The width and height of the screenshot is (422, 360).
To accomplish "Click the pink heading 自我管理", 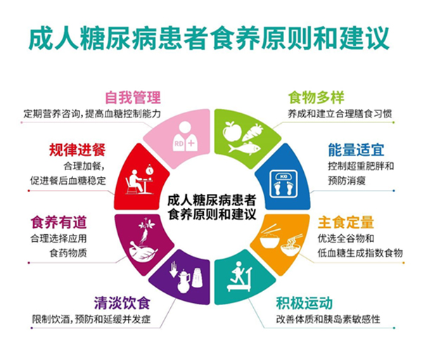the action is pos(133,98).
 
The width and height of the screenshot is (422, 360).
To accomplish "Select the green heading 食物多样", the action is pos(316,98).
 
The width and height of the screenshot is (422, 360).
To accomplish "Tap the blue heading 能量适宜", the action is pos(356,150).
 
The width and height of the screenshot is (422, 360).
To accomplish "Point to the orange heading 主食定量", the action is pos(346,222).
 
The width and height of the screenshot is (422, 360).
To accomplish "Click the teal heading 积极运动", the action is pos(304,303).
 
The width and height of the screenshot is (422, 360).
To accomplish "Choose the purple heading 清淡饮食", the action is pos(122,303).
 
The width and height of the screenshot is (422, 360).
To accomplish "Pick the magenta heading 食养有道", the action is pos(58,222).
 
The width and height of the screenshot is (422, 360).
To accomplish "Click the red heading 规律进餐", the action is pos(77,150).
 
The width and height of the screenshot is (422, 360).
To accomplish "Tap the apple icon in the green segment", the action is pos(232,131).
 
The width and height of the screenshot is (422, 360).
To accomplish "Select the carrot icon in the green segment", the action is pos(252,133).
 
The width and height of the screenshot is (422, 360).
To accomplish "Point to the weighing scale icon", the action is pos(283,184).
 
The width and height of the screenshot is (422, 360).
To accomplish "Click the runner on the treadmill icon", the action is pos(240,276).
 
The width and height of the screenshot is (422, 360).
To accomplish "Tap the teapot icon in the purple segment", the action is pos(184,281).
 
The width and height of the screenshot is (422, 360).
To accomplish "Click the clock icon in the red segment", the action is pos(149,170).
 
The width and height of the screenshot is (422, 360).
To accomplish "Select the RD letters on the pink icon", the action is pos(179,143).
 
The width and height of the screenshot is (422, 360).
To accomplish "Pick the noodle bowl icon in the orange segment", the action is pos(292,245).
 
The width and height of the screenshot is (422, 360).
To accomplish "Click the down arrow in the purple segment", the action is pos(173,269).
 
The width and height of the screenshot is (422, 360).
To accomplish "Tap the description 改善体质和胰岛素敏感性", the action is pos(328,319).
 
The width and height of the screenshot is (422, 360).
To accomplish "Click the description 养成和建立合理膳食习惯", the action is pos(340,113).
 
